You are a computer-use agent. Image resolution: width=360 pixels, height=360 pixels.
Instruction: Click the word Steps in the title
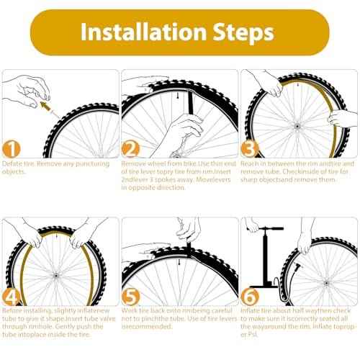click(x=236, y=32)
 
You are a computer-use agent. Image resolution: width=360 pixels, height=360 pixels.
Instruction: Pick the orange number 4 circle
click(x=12, y=297)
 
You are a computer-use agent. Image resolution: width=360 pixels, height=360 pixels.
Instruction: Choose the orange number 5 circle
click(x=130, y=297)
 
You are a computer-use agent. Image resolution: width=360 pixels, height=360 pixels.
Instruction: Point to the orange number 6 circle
click(x=249, y=297)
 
